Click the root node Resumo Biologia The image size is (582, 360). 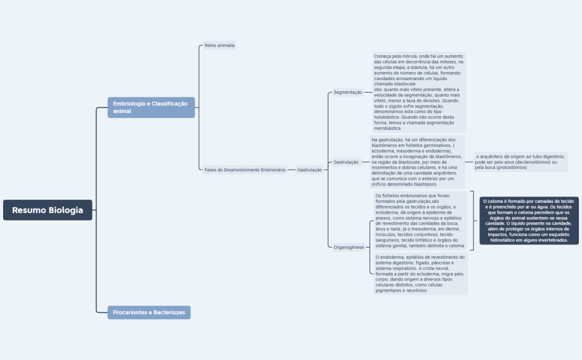[47, 210]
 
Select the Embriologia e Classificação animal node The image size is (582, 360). [151, 107]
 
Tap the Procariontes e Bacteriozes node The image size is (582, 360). [149, 312]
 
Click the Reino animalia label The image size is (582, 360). [220, 45]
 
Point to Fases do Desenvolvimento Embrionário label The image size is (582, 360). [245, 169]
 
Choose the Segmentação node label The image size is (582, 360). [348, 92]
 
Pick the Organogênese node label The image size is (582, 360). [348, 247]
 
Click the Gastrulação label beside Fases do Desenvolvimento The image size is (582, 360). [309, 169]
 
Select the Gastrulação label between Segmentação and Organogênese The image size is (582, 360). [347, 162]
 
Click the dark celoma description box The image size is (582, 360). [529, 220]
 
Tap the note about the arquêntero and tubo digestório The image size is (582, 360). [520, 161]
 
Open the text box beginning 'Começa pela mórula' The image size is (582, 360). [419, 92]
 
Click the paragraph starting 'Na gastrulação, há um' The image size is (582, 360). [417, 161]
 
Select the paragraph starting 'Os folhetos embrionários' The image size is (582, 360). [420, 220]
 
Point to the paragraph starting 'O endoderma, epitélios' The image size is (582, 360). [420, 273]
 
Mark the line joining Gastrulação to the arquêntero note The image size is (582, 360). [469, 162]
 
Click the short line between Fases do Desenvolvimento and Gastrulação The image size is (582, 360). [291, 169]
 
